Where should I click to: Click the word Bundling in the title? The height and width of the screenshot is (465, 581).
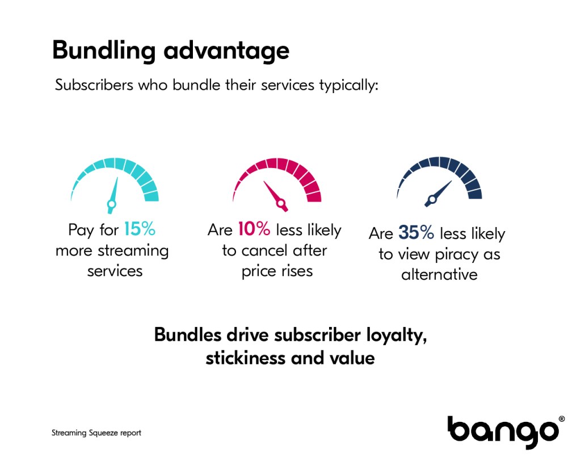tap(104, 51)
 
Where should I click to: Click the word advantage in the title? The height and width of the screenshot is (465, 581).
tap(226, 51)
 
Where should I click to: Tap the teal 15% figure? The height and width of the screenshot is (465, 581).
tap(140, 229)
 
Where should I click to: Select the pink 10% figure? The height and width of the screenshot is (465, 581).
tap(254, 229)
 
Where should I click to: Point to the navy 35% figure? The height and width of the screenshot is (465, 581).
tap(416, 233)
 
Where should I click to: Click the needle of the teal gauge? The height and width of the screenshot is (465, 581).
tap(113, 195)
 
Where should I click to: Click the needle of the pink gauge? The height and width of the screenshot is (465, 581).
tap(276, 196)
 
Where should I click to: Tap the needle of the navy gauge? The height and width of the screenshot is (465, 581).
tap(438, 194)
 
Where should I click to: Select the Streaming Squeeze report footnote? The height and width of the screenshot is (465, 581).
tap(96, 433)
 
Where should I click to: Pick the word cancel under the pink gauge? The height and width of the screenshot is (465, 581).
tap(264, 251)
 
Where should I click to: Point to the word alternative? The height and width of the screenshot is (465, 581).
tap(440, 275)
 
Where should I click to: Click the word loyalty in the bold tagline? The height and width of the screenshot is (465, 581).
tap(397, 335)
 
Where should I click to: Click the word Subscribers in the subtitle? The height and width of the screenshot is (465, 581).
tap(94, 85)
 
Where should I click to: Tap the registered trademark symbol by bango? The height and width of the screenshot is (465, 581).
tap(562, 419)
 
